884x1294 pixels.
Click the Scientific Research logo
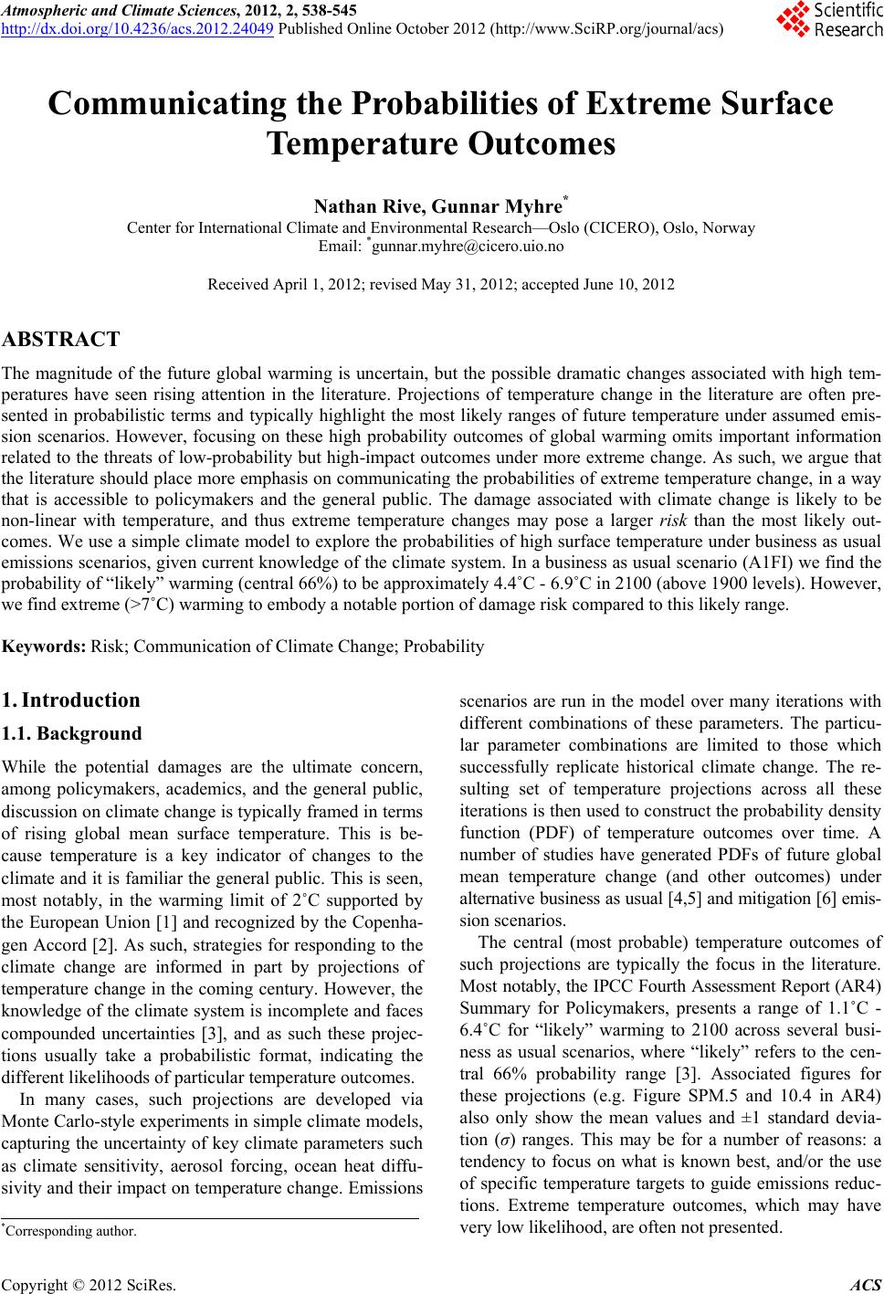click(x=827, y=20)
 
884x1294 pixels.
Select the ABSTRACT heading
click(x=61, y=340)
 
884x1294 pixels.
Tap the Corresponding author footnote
click(x=70, y=1231)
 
